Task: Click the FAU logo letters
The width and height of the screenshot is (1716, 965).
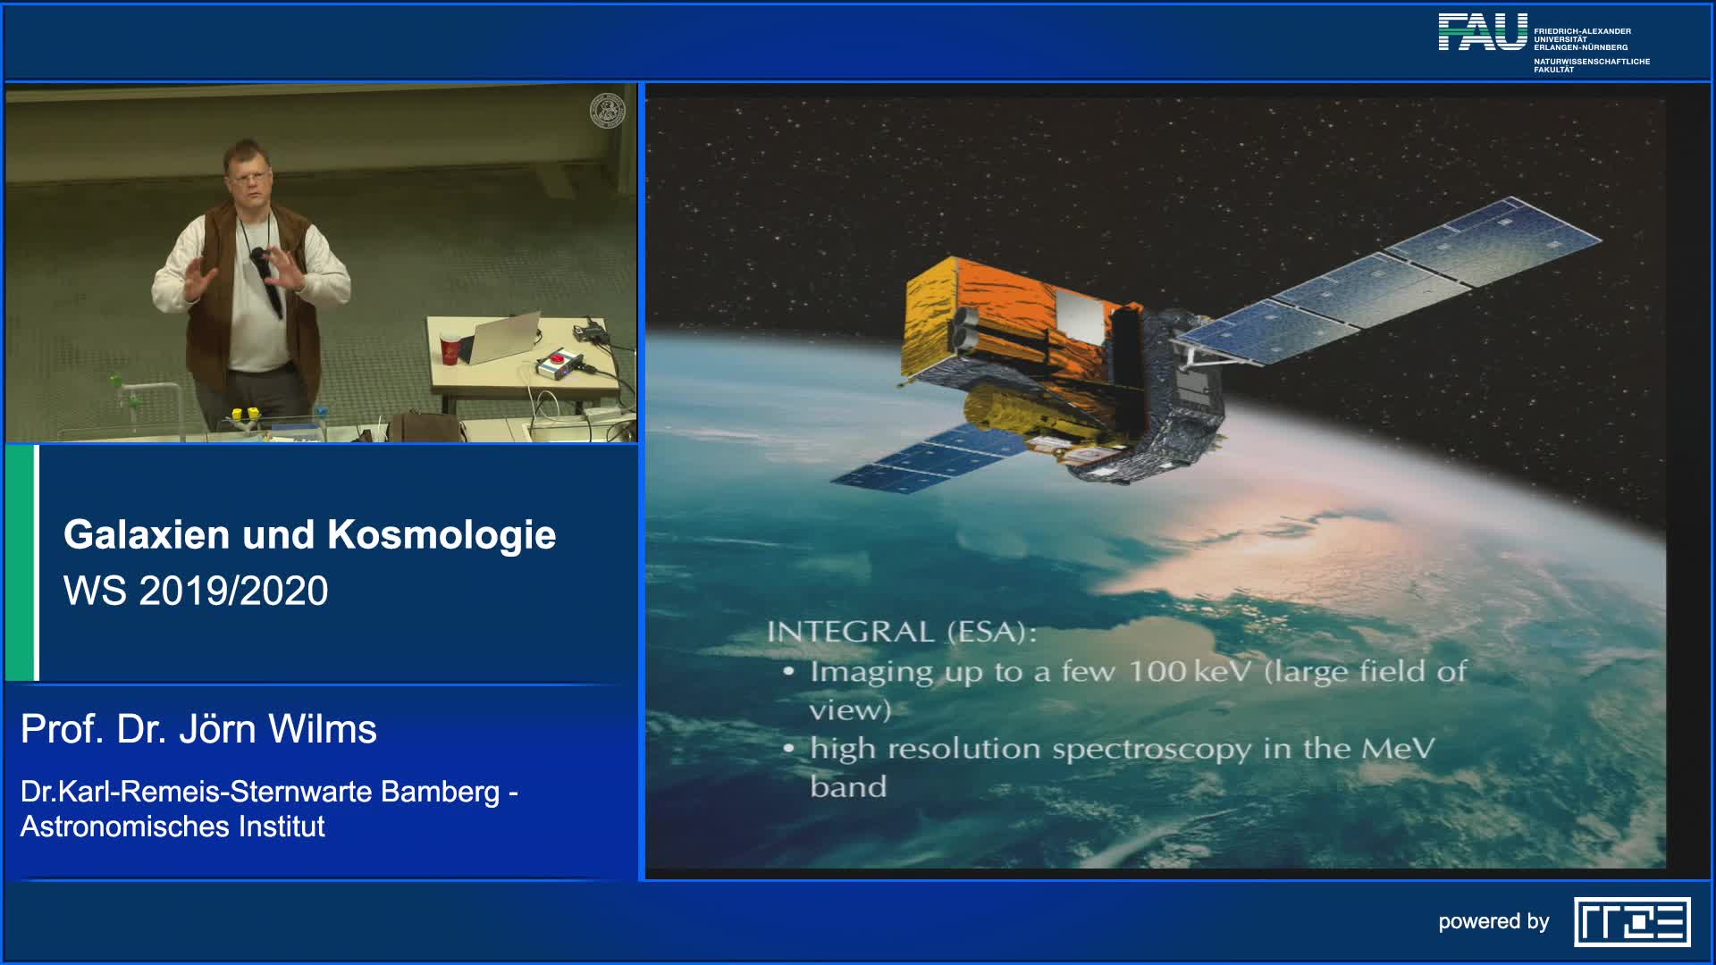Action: point(1483,32)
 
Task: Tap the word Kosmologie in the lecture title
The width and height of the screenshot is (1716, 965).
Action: point(442,535)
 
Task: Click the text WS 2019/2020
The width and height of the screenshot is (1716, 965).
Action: point(196,591)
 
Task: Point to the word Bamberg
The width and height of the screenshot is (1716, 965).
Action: point(440,793)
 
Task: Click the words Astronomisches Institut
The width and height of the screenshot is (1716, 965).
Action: point(172,827)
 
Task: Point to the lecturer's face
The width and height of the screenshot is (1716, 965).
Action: point(248,178)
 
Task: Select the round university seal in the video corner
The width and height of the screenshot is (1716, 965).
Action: point(608,111)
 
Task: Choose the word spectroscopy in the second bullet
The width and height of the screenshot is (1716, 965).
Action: point(1152,750)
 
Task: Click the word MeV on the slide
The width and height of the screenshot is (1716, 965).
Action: point(1398,748)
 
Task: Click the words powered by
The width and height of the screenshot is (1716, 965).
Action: point(1493,922)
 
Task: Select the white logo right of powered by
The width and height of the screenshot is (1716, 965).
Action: point(1632,922)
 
